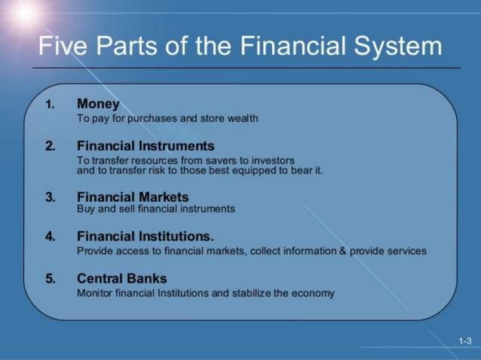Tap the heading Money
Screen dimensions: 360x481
(x=98, y=104)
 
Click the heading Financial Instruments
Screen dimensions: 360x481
(x=146, y=146)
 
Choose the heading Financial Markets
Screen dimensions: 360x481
(x=133, y=197)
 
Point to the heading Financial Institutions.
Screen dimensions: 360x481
(x=146, y=236)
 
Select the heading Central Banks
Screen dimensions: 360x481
(x=121, y=279)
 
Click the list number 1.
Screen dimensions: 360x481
(x=50, y=105)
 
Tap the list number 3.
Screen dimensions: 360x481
(x=50, y=198)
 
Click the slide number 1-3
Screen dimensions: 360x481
(x=465, y=341)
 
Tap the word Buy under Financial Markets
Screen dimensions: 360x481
(x=86, y=209)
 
